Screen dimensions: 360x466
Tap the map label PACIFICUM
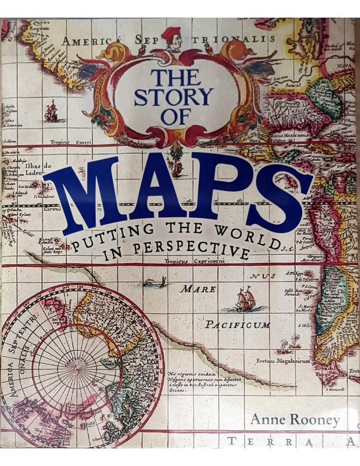(237, 325)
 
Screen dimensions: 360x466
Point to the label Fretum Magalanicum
(284, 361)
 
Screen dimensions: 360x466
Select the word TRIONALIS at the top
(233, 39)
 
